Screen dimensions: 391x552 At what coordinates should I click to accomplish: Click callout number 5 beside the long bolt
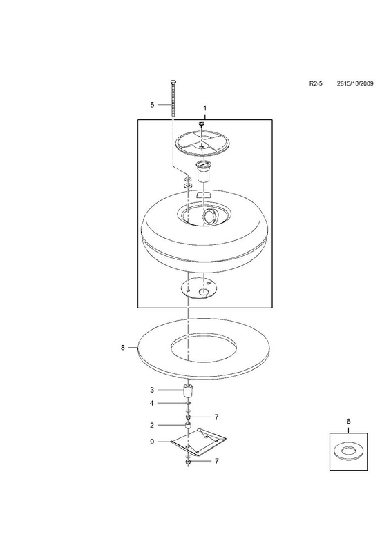[152, 105]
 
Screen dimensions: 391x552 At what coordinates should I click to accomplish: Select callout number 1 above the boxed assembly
[205, 108]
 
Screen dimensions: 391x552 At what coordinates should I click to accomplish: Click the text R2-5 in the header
[316, 83]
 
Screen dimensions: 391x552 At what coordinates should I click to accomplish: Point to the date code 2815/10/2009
[355, 83]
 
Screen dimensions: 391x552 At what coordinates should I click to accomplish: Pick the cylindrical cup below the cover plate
[203, 171]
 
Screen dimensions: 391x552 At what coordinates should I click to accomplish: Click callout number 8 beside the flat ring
[123, 348]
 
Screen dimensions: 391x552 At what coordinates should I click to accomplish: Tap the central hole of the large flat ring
[203, 346]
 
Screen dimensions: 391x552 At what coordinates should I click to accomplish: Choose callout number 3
[152, 390]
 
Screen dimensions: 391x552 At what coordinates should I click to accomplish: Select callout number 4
[152, 403]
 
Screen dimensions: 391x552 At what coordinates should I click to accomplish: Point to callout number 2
[152, 425]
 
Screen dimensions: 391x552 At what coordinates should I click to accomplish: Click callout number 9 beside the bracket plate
[152, 442]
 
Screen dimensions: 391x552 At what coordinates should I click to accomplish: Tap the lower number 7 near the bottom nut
[216, 461]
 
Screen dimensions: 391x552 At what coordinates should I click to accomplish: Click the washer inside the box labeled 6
[349, 451]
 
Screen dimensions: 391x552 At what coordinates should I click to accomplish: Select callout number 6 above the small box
[349, 421]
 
